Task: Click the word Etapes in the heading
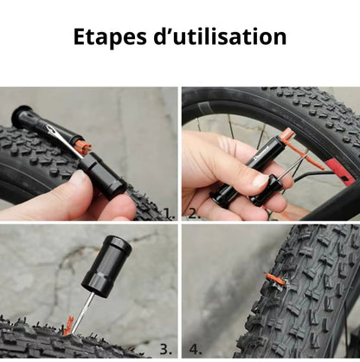pyautogui.click(x=110, y=37)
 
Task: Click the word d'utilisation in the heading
pyautogui.click(x=221, y=36)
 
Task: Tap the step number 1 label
pyautogui.click(x=170, y=213)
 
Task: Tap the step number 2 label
pyautogui.click(x=195, y=213)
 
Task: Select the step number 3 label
pyautogui.click(x=166, y=349)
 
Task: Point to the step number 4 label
pyautogui.click(x=196, y=349)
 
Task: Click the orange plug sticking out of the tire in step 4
pyautogui.click(x=275, y=279)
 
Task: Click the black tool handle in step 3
pyautogui.click(x=106, y=266)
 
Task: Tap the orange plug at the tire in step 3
pyautogui.click(x=68, y=326)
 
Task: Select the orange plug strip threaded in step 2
pyautogui.click(x=300, y=149)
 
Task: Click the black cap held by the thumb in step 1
pyautogui.click(x=102, y=176)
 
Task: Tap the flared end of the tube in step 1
pyautogui.click(x=20, y=117)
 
